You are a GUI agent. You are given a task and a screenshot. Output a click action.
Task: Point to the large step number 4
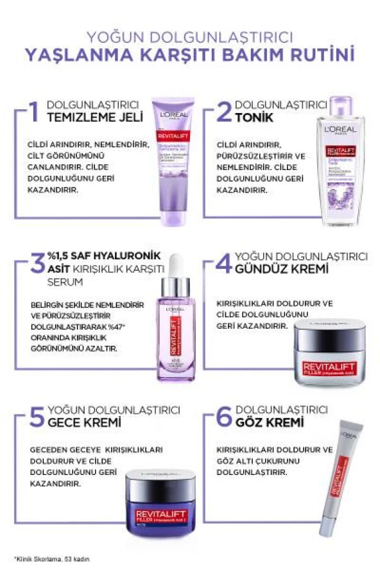pyautogui.click(x=223, y=263)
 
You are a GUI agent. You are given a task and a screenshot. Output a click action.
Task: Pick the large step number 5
pyautogui.click(x=37, y=417)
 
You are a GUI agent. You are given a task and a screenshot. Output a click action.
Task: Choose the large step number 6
pyautogui.click(x=223, y=417)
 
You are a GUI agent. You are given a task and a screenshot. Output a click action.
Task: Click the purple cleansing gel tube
pyautogui.click(x=171, y=160)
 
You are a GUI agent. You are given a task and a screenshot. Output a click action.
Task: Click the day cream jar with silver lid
pyautogui.click(x=329, y=354)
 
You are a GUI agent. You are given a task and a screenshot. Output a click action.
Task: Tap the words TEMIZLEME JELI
pyautogui.click(x=88, y=117)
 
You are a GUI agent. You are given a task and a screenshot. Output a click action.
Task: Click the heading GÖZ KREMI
pyautogui.click(x=268, y=422)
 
